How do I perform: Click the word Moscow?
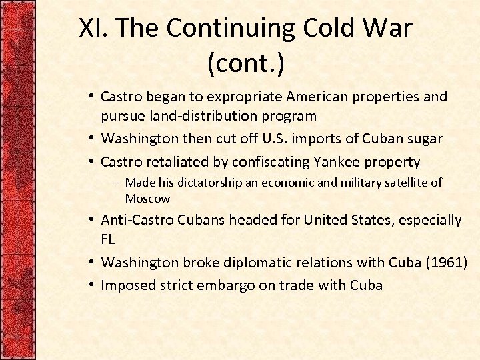tap(147, 199)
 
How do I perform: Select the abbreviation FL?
tap(109, 239)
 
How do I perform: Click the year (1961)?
tap(446, 262)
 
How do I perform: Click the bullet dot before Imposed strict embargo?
tap(91, 285)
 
